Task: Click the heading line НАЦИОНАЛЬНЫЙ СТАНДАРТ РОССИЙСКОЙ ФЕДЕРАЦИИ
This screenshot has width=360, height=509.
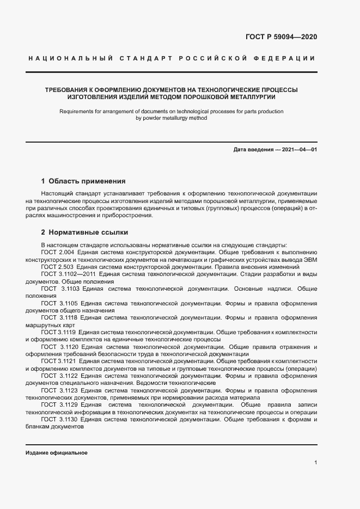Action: (x=170, y=58)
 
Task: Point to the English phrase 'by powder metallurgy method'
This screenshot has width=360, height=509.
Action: (x=171, y=118)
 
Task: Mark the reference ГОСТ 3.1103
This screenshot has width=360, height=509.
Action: (x=60, y=289)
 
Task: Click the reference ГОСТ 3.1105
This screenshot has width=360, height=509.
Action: (x=60, y=303)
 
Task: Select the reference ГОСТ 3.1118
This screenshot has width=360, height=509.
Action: (x=60, y=317)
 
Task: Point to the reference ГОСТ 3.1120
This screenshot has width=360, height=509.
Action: (x=60, y=347)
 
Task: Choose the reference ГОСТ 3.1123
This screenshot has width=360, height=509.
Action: (x=60, y=390)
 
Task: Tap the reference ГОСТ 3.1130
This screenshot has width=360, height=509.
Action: (x=60, y=420)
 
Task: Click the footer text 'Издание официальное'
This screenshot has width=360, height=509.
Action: (x=57, y=453)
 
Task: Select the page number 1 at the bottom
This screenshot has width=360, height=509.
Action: (x=315, y=463)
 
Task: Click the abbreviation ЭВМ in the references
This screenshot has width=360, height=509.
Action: (x=308, y=260)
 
